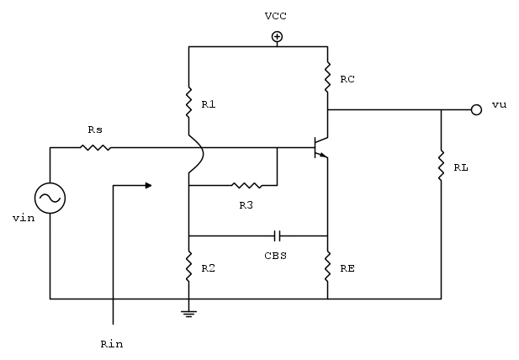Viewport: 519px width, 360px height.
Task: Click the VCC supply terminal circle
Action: click(276, 36)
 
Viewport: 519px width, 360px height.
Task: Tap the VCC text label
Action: click(275, 16)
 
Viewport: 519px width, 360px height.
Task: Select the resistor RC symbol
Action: click(327, 78)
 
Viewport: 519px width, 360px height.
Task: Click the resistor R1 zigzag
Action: click(189, 103)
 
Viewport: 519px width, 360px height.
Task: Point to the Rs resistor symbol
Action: click(96, 148)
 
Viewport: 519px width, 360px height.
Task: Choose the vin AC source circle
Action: click(50, 199)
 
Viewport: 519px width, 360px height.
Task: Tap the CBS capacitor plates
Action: click(277, 236)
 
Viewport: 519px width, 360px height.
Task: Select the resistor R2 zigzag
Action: click(189, 267)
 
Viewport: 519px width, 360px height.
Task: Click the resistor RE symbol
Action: click(327, 267)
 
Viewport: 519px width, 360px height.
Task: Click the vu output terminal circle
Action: click(476, 109)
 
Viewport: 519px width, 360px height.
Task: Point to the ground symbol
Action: click(189, 313)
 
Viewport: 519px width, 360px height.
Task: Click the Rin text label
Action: click(111, 344)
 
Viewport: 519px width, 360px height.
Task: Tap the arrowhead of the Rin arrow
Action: click(148, 184)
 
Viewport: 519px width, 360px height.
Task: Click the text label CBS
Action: click(276, 255)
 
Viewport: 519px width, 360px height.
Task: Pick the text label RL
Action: click(461, 167)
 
